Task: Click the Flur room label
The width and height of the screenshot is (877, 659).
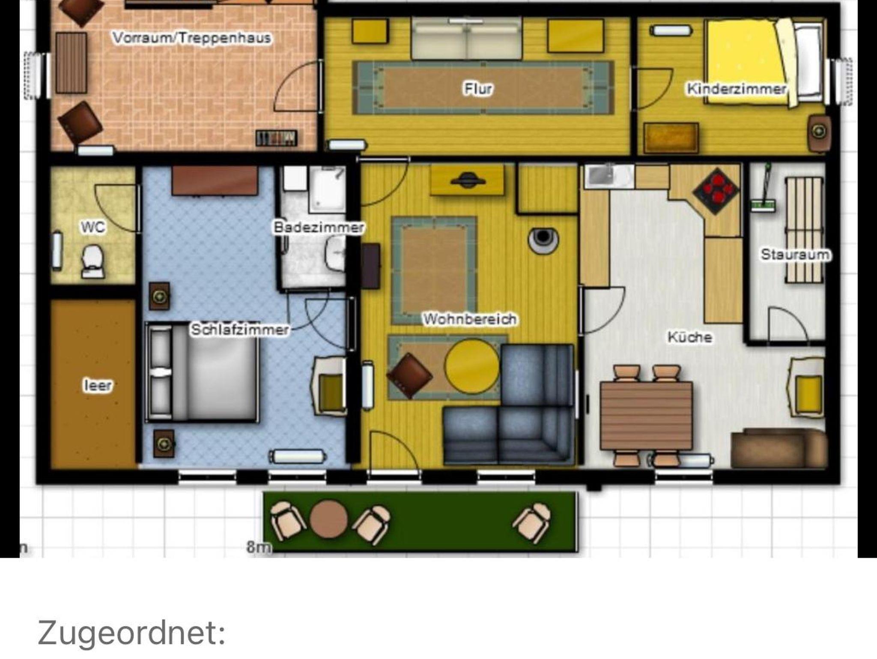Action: (478, 89)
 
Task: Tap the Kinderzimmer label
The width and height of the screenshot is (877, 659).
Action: (737, 89)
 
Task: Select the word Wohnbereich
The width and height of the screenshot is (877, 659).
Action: (470, 319)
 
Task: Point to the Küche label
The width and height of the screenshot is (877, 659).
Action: (690, 337)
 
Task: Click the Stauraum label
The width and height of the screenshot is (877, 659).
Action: (795, 255)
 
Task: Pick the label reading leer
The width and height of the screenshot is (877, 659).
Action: (98, 385)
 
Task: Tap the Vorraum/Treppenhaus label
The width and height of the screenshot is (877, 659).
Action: (192, 38)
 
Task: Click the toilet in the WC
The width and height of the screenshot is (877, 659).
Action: (93, 261)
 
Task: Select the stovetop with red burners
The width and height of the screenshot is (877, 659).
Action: (716, 191)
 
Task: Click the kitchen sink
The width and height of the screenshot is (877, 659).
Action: (608, 177)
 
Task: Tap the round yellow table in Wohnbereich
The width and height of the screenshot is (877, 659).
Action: (472, 366)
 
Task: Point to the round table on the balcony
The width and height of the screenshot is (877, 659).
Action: (328, 520)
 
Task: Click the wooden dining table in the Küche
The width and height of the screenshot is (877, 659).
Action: (646, 415)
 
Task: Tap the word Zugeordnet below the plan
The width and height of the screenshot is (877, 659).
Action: (131, 633)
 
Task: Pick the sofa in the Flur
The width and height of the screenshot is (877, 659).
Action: (466, 38)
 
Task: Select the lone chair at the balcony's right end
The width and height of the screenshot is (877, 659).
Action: (531, 521)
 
